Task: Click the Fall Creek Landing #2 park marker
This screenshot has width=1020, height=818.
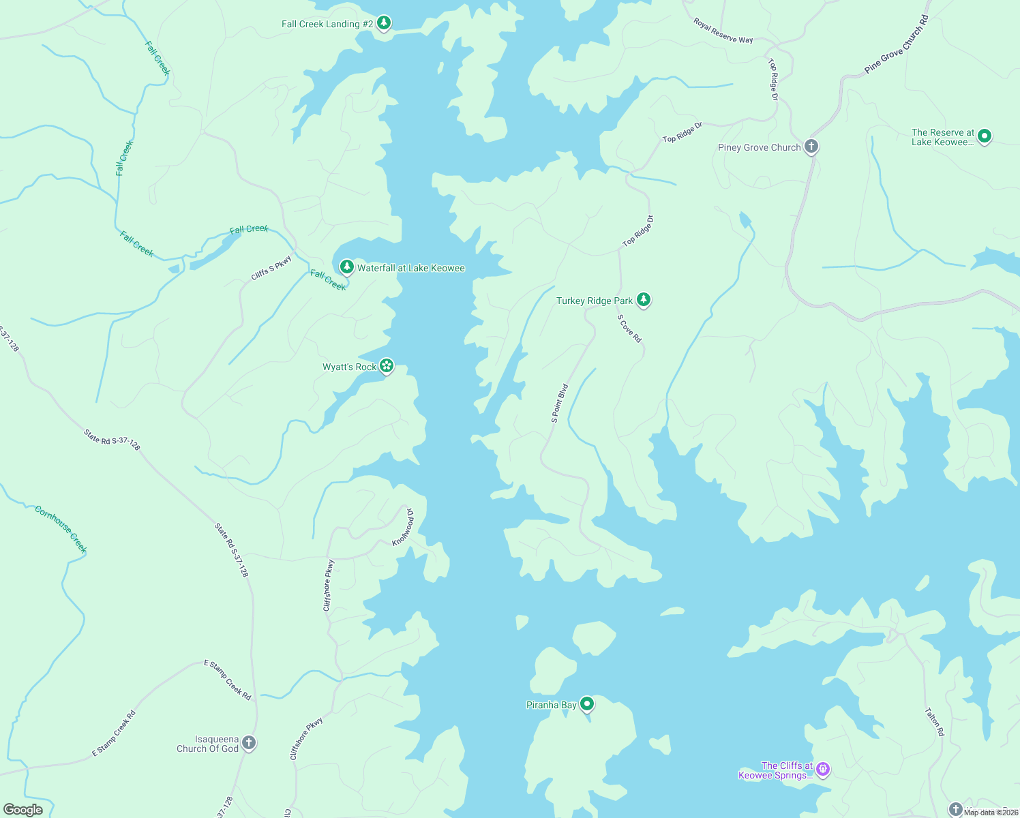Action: click(x=384, y=23)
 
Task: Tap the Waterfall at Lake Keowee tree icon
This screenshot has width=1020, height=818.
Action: click(x=346, y=267)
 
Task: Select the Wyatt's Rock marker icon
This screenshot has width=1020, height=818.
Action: click(x=387, y=366)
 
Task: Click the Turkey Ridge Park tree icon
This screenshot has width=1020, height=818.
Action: click(x=643, y=299)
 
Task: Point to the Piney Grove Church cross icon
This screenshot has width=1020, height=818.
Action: click(x=811, y=146)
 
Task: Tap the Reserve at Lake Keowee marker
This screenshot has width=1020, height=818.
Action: click(x=984, y=136)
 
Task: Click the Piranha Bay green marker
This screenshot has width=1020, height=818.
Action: click(x=586, y=703)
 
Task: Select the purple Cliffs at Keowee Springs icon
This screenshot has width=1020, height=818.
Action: click(x=823, y=770)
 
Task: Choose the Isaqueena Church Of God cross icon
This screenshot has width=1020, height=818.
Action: click(x=249, y=743)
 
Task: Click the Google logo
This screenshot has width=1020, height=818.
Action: click(x=23, y=810)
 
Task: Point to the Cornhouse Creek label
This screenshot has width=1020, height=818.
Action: click(x=61, y=530)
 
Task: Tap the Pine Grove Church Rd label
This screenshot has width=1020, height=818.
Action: click(x=896, y=44)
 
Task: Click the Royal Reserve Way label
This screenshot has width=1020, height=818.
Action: click(x=723, y=31)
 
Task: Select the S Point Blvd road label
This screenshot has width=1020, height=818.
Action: click(x=560, y=404)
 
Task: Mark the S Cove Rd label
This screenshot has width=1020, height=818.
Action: click(x=629, y=328)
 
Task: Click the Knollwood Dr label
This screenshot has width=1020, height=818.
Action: click(x=403, y=526)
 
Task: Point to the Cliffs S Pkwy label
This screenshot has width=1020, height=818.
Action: click(x=271, y=267)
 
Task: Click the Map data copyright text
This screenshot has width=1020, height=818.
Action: click(x=990, y=812)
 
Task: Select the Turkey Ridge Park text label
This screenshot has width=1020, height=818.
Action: click(x=595, y=301)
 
